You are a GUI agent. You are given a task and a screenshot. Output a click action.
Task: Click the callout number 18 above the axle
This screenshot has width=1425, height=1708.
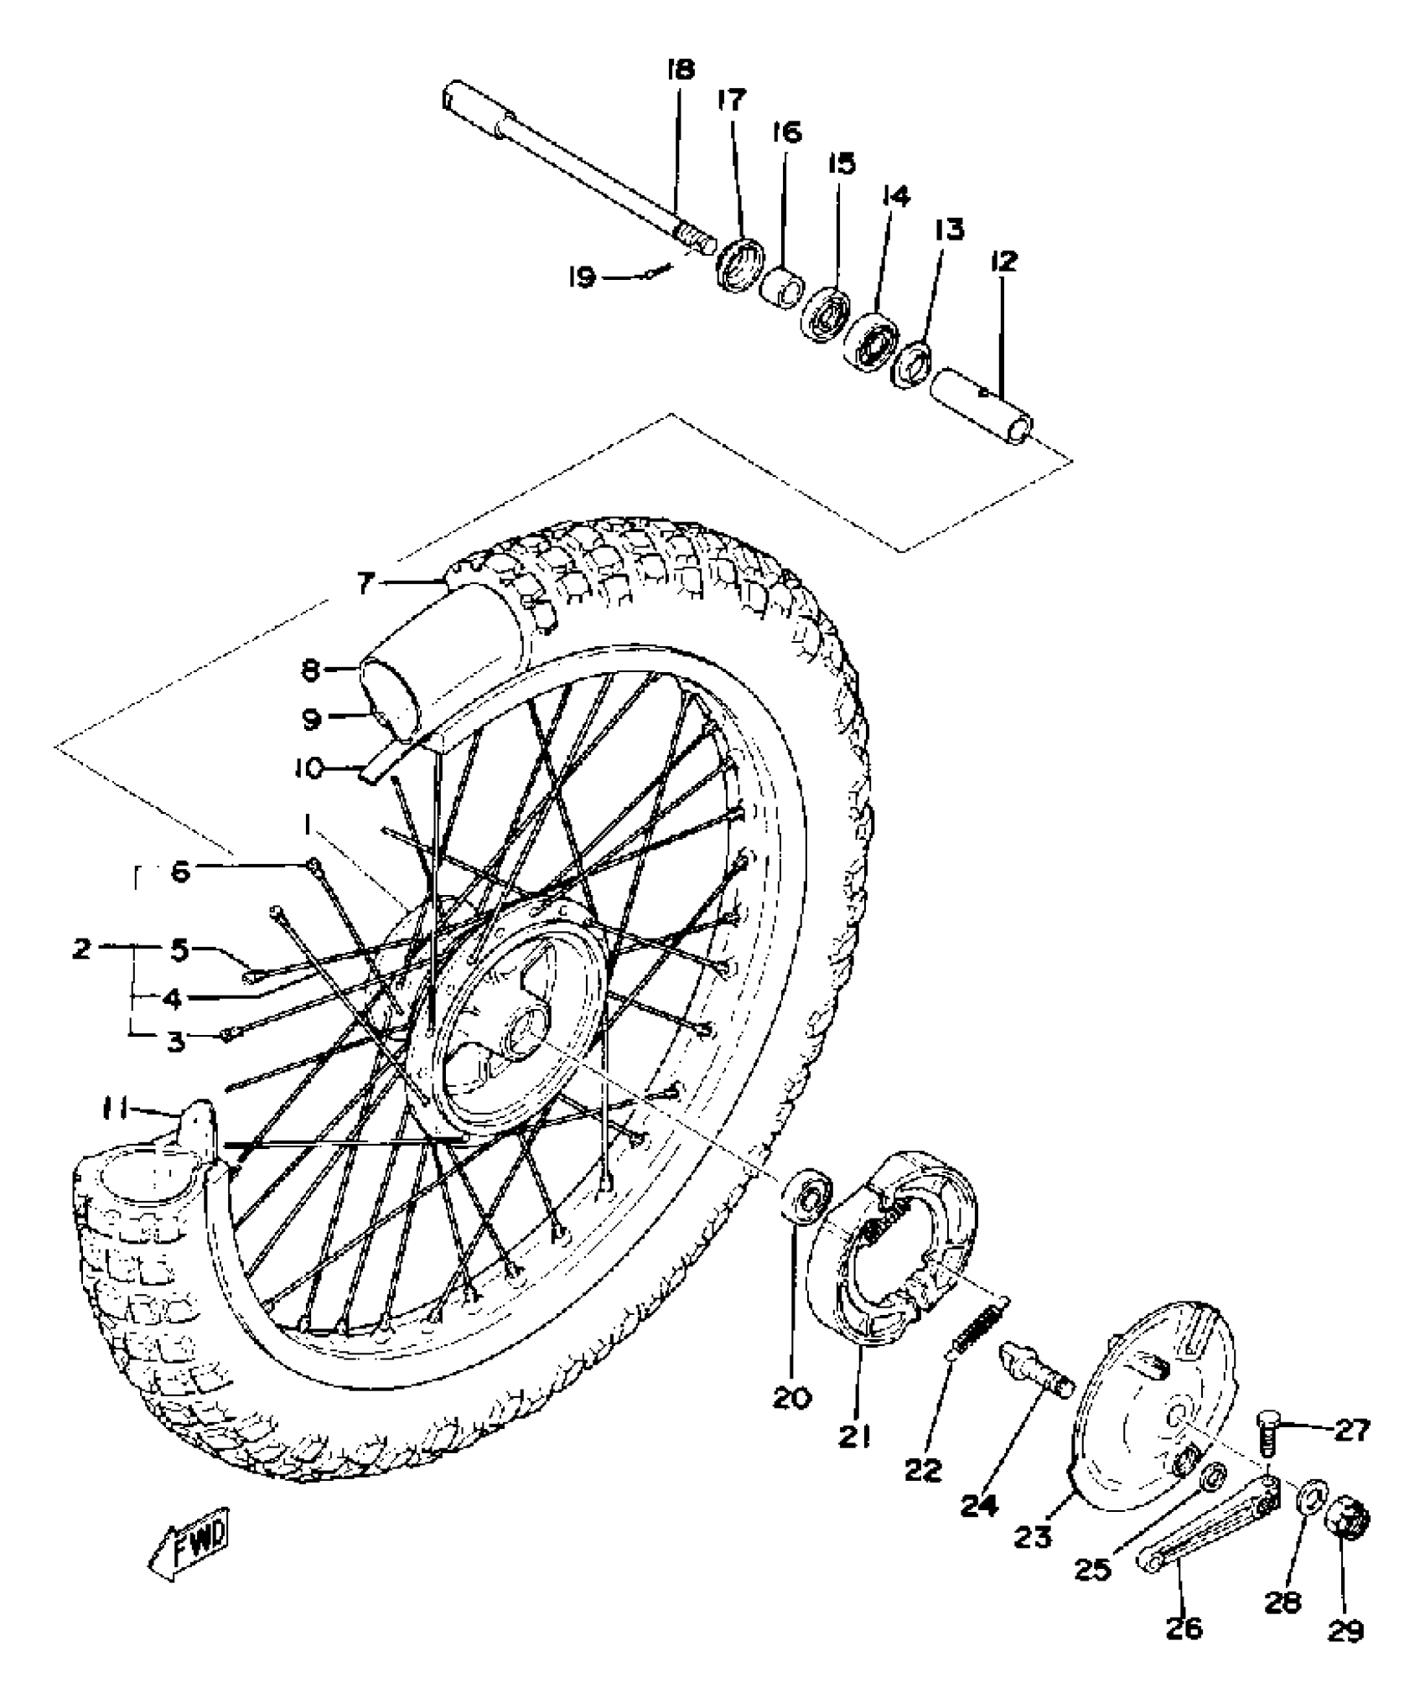point(681,69)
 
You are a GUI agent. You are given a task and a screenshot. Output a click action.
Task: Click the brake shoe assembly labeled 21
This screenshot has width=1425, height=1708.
point(889,1249)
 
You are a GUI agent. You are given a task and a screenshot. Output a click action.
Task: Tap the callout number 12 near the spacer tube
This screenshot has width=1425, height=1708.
point(1003,261)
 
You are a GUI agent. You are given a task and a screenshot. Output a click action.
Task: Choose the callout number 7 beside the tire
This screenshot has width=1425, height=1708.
point(364,583)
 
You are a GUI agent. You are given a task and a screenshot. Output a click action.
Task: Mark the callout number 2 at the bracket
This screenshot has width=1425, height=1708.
point(81,950)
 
